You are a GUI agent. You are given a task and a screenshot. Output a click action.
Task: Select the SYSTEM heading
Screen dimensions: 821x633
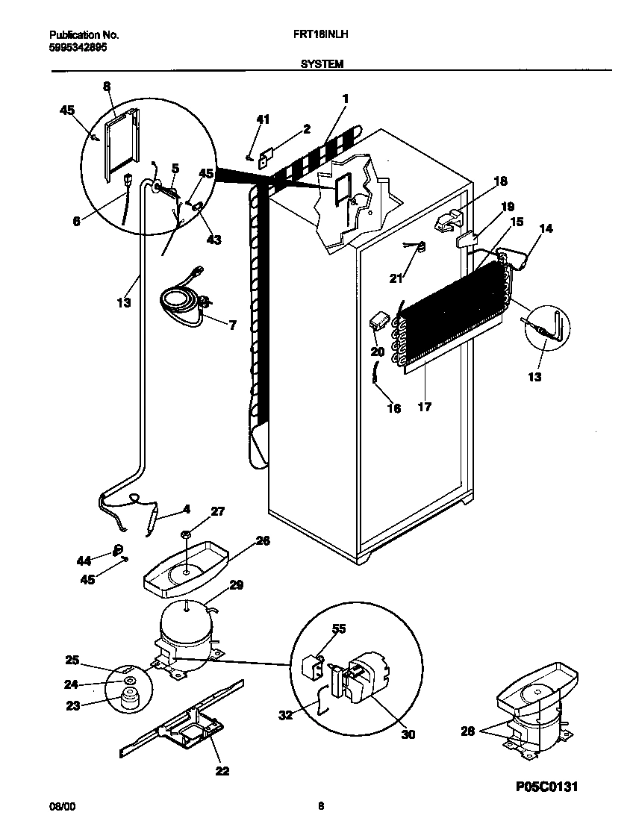[322, 64]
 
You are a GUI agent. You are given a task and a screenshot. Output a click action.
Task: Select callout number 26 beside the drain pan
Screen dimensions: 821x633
[263, 541]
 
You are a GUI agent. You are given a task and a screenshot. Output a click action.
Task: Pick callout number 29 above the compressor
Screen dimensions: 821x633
[236, 586]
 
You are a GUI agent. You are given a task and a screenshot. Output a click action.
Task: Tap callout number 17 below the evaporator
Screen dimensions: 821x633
[425, 408]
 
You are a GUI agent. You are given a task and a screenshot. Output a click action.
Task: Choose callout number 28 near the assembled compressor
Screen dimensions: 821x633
[467, 731]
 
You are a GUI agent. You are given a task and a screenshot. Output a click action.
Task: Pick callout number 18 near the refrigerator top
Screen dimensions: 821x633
[499, 181]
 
